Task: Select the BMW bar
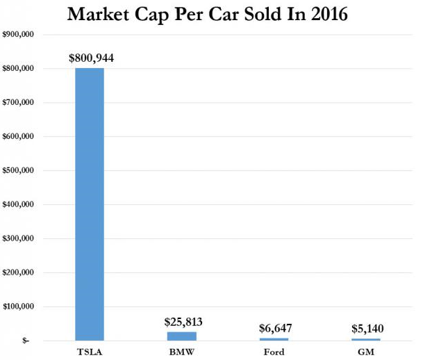point(183,336)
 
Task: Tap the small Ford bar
point(274,338)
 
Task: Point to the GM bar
point(366,339)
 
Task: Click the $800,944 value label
point(91,58)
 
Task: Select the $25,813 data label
point(183,322)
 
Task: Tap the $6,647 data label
point(274,328)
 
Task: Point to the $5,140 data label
point(366,329)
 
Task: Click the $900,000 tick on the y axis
point(19,35)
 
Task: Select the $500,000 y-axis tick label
point(19,171)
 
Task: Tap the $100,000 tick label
point(19,306)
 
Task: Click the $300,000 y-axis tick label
point(19,239)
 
